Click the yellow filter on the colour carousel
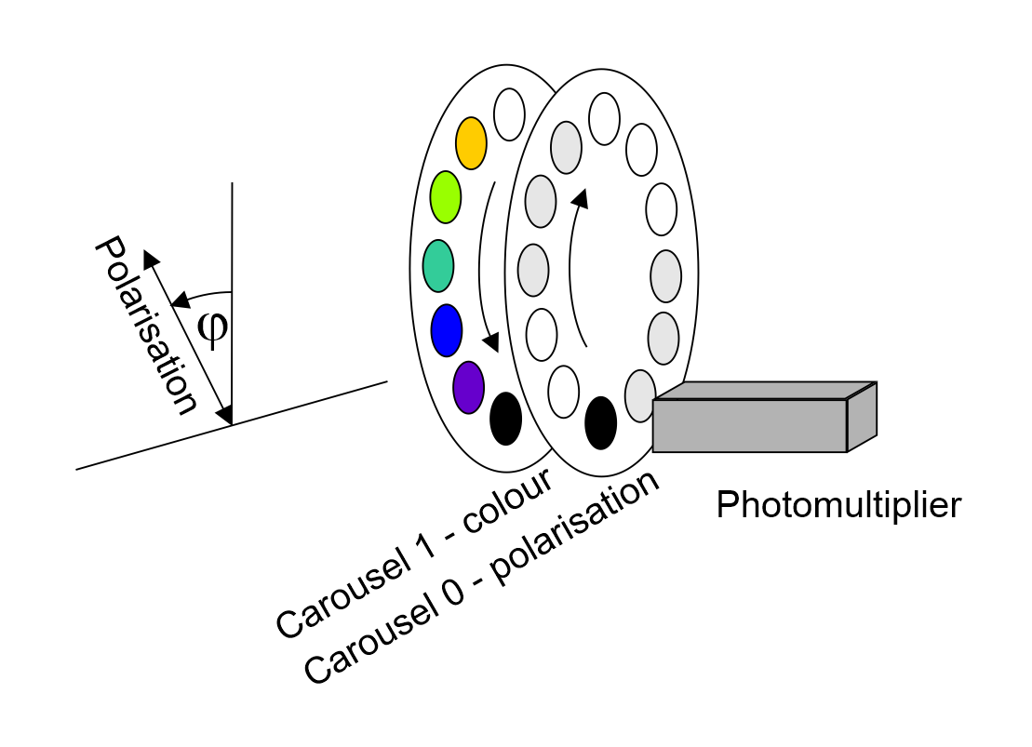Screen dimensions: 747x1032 click(x=472, y=141)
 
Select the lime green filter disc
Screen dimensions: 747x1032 click(x=446, y=196)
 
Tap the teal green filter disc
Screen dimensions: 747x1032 click(x=437, y=265)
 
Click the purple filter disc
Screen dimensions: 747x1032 click(x=468, y=386)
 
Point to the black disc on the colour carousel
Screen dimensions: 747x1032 click(x=505, y=419)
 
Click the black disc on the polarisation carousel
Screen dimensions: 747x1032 click(x=600, y=421)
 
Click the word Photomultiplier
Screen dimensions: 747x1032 click(x=838, y=505)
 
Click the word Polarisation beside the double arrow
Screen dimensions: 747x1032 click(x=146, y=325)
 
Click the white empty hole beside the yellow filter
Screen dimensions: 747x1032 click(x=509, y=113)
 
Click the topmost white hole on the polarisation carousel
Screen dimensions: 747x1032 click(x=605, y=118)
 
